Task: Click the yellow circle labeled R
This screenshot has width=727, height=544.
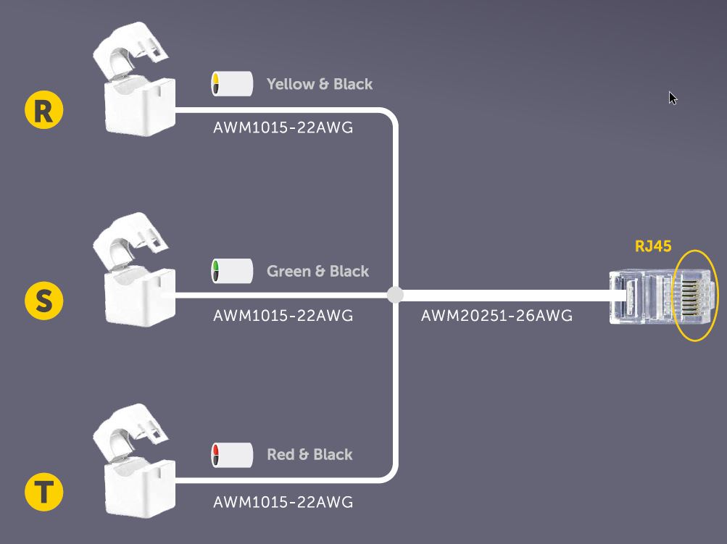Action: [43, 110]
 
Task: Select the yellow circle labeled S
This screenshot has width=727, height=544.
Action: [43, 300]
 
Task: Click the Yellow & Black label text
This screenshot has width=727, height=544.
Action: [320, 84]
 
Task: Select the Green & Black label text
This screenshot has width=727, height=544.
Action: [317, 271]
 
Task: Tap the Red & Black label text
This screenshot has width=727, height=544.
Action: [310, 454]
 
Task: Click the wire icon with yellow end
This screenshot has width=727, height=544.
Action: [231, 84]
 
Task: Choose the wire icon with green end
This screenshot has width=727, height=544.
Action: [231, 271]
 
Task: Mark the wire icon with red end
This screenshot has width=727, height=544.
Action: [231, 455]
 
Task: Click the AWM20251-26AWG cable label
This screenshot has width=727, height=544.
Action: [497, 316]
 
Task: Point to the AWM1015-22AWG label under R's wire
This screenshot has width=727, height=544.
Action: [283, 128]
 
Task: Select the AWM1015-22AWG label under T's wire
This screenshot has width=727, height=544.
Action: [283, 502]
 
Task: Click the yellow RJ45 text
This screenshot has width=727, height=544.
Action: [653, 246]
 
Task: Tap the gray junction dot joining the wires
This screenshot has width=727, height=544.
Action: [395, 295]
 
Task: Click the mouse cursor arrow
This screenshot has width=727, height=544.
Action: [673, 98]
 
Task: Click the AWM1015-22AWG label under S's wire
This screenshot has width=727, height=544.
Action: [283, 316]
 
